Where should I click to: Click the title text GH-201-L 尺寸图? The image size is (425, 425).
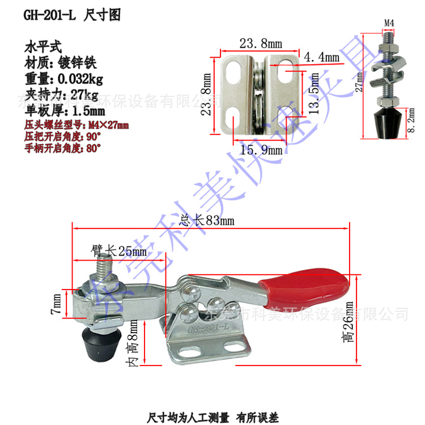(x=72, y=15)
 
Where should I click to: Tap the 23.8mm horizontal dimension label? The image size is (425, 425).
(x=260, y=43)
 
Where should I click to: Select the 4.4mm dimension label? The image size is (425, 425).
(x=324, y=57)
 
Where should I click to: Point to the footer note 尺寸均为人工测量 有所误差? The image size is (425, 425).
(x=212, y=418)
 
